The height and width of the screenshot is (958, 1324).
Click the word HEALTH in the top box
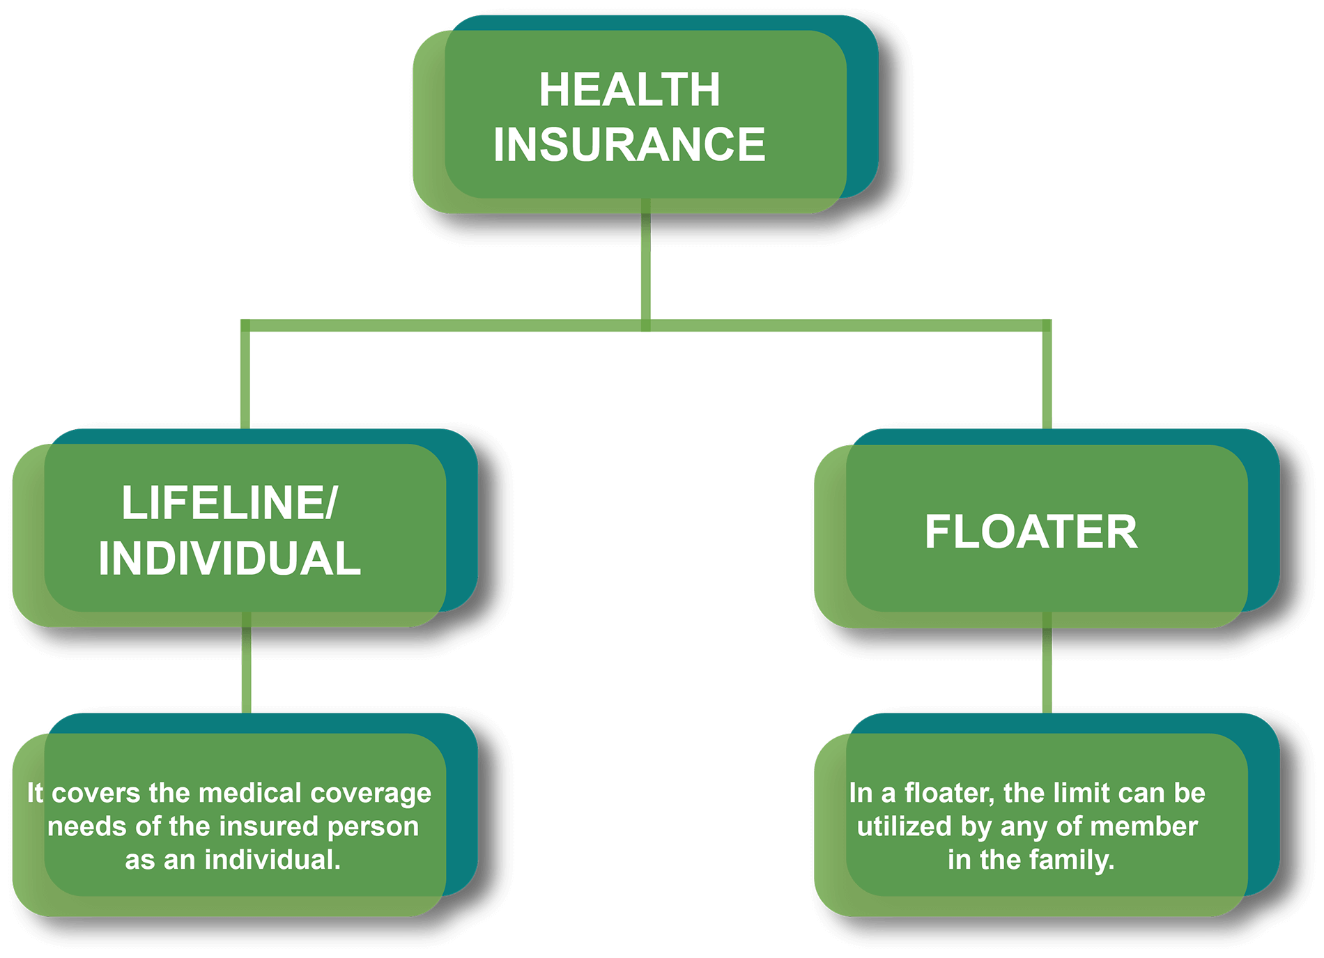(629, 90)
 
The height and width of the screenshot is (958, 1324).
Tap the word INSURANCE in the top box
(629, 144)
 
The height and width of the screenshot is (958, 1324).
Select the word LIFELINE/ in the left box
(229, 502)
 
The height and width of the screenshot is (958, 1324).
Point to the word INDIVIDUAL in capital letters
(229, 558)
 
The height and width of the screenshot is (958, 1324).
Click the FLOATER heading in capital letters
(1031, 532)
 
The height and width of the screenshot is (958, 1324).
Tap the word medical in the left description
(250, 793)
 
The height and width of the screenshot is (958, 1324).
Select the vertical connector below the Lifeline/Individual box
(246, 669)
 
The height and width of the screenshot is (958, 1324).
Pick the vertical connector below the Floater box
(1046, 669)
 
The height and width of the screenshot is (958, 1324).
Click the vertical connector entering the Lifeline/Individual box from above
(245, 380)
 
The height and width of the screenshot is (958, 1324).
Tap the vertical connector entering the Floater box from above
(1046, 380)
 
